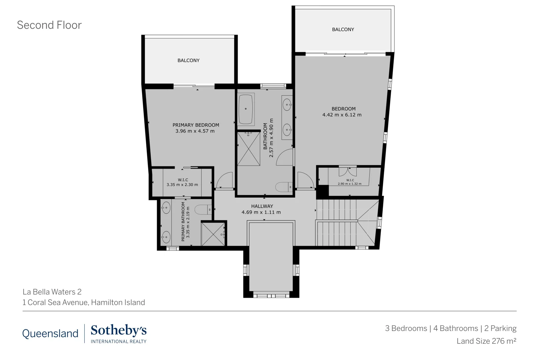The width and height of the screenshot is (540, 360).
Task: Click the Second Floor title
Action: pyautogui.click(x=49, y=25)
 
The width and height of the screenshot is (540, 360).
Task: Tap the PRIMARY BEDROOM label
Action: pyautogui.click(x=196, y=125)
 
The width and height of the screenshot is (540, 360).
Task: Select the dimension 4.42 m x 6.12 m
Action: pyautogui.click(x=342, y=115)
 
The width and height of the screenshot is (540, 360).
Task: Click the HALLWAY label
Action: pyautogui.click(x=262, y=206)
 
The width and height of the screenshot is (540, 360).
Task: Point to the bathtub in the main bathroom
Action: pyautogui.click(x=246, y=109)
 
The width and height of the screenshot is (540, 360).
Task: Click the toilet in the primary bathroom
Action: pyautogui.click(x=203, y=210)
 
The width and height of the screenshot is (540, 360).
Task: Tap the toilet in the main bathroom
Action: pyautogui.click(x=284, y=187)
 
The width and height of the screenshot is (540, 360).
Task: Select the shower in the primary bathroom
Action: pyautogui.click(x=213, y=234)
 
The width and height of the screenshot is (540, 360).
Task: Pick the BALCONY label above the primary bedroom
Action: pyautogui.click(x=188, y=60)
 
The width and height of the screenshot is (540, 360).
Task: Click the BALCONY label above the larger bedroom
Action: pyautogui.click(x=343, y=29)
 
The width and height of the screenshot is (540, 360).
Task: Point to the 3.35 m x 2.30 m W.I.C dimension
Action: pyautogui.click(x=182, y=185)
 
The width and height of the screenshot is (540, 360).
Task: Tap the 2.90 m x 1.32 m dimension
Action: pyautogui.click(x=349, y=184)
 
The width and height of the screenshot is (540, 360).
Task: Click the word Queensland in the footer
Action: pyautogui.click(x=50, y=333)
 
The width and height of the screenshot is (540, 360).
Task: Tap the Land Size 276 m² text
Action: pyautogui.click(x=486, y=341)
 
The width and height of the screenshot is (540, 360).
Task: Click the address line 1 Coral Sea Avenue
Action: pyautogui.click(x=84, y=302)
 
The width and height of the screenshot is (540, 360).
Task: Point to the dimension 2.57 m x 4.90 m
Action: pyautogui.click(x=271, y=138)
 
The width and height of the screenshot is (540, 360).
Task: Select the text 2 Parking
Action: pyautogui.click(x=500, y=328)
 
